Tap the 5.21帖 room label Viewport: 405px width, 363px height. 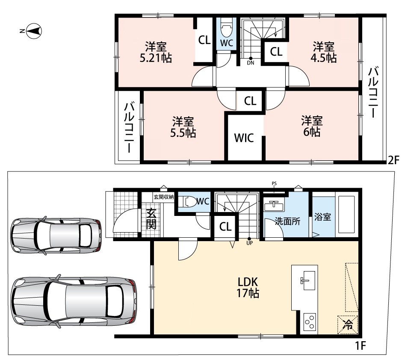(x=156, y=53)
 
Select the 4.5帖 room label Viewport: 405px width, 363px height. (x=324, y=53)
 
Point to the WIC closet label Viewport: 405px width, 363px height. (x=244, y=138)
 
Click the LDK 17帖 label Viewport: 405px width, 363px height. (x=248, y=287)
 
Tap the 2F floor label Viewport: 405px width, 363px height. (x=394, y=160)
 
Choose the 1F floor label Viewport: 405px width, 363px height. (x=361, y=345)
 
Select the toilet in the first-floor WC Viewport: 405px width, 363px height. (x=188, y=202)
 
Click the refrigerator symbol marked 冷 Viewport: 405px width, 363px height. (x=348, y=325)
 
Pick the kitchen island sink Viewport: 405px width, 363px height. (x=307, y=280)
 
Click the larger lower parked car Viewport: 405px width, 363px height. (x=74, y=301)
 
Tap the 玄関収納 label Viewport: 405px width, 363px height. (x=164, y=197)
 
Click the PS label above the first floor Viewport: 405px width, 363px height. (x=274, y=183)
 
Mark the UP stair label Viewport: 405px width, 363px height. (x=250, y=243)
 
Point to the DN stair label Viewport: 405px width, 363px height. (x=251, y=63)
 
